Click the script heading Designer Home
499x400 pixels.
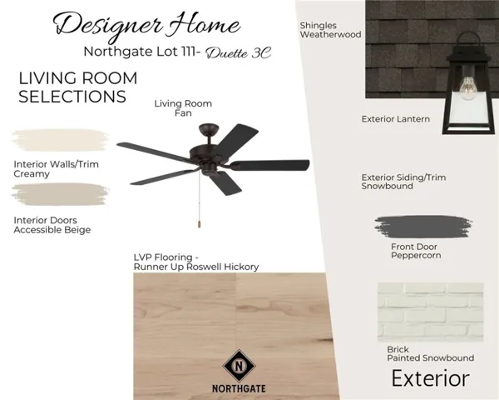(147, 26)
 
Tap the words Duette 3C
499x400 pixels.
(239, 53)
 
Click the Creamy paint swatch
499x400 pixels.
(61, 140)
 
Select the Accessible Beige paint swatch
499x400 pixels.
(61, 194)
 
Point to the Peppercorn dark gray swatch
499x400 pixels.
(423, 227)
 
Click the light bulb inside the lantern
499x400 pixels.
(468, 87)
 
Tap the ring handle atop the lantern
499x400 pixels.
(468, 42)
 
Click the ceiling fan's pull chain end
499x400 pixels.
(200, 223)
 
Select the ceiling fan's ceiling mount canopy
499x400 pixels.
(209, 130)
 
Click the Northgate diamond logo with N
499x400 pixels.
(239, 366)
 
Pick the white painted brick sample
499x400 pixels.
(431, 312)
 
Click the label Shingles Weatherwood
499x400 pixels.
(330, 30)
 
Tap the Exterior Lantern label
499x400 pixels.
(396, 119)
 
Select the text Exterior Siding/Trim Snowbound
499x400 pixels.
(403, 182)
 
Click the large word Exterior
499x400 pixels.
(430, 378)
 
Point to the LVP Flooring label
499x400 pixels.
(196, 262)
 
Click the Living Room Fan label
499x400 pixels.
(183, 108)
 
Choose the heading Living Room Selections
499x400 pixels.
(78, 87)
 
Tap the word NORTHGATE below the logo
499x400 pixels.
(239, 389)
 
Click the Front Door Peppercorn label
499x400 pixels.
(416, 251)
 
